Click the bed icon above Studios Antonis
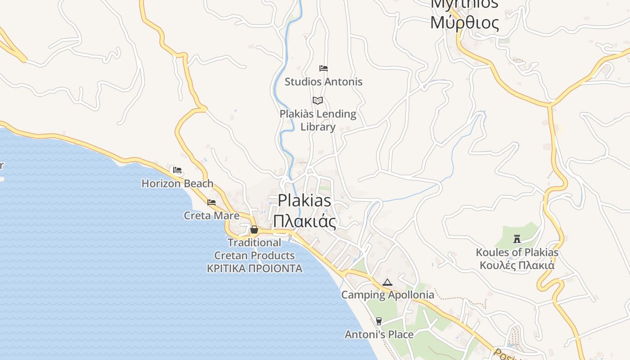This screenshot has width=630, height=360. tap(323, 68)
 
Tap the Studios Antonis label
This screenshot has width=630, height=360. tap(323, 82)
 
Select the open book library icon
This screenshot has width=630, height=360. tap(318, 100)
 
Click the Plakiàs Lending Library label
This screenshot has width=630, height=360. tap(318, 120)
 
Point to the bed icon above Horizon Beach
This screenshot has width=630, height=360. tap(177, 170)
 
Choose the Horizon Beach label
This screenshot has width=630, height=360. tap(177, 184)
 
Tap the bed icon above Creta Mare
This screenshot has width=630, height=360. tap(211, 202)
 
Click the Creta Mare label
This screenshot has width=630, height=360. tap(211, 216)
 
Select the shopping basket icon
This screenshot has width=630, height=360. tap(254, 230)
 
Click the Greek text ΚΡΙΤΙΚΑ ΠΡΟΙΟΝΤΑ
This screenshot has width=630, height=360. tap(254, 269)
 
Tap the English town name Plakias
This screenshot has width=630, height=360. tap(304, 201)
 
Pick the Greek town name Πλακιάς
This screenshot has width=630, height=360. tap(304, 221)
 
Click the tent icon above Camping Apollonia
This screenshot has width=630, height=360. tap(387, 283)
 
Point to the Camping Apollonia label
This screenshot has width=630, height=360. tap(387, 295)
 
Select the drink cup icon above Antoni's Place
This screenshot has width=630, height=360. tap(378, 321)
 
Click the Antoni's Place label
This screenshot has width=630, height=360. tap(379, 334)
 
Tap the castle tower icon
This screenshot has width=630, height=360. tap(517, 239)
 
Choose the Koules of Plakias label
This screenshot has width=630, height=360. tap(517, 252)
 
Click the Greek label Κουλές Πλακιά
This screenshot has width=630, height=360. tap(517, 265)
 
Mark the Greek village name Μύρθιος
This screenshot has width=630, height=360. tap(464, 22)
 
